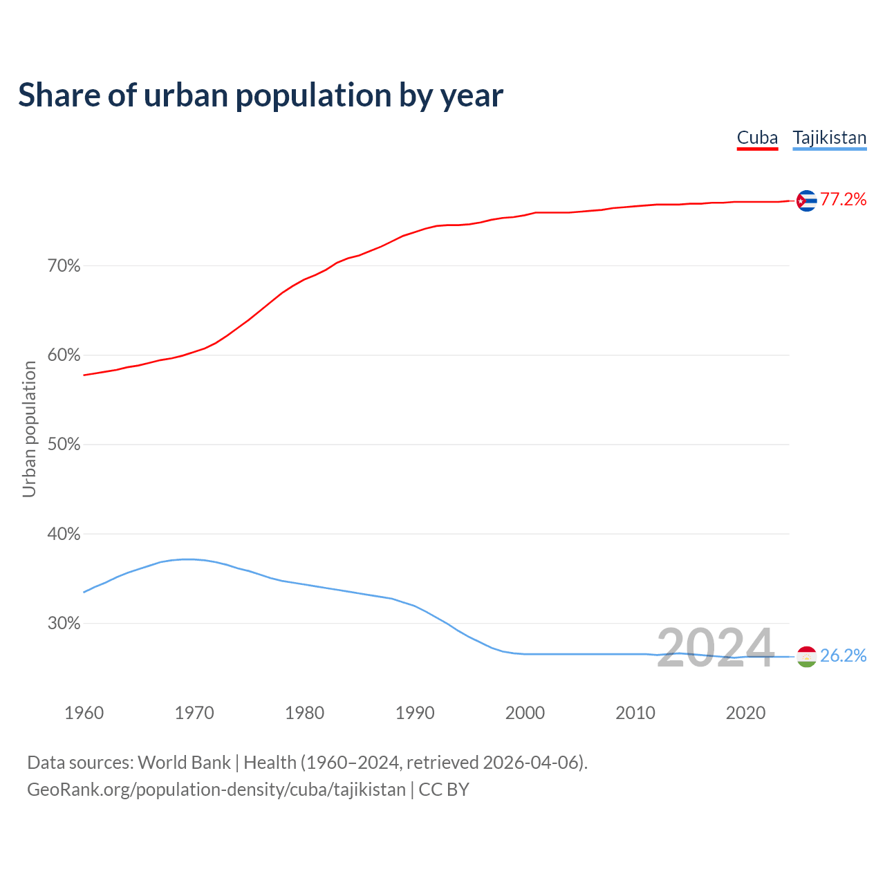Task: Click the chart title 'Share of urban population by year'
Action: click(261, 95)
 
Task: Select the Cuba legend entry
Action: click(757, 138)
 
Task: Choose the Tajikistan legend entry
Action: click(829, 138)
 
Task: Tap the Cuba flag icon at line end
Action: click(806, 201)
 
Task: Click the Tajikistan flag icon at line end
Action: click(806, 656)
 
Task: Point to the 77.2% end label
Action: click(843, 200)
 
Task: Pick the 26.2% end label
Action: click(843, 656)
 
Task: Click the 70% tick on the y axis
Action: click(64, 266)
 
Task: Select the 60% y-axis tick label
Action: click(64, 355)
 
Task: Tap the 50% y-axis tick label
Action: click(64, 445)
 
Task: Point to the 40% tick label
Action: click(64, 534)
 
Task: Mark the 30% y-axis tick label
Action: click(64, 624)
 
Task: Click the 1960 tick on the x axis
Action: click(84, 713)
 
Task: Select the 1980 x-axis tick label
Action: click(304, 713)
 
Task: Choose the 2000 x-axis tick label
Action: click(525, 713)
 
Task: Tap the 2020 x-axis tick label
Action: click(745, 713)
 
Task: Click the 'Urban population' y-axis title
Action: click(29, 429)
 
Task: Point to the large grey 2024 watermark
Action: click(715, 649)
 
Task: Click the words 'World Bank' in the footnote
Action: click(184, 763)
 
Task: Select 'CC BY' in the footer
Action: click(444, 790)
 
